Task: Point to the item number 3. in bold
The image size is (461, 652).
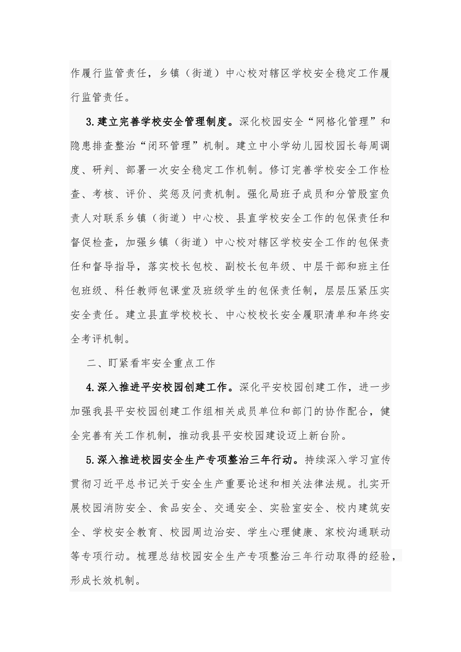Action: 91,122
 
